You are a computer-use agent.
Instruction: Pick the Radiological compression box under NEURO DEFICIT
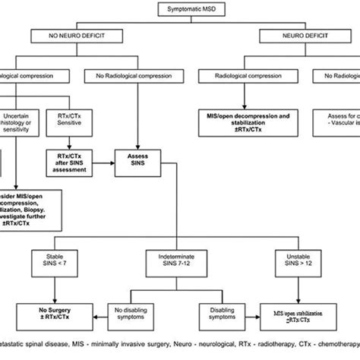coord(241,74)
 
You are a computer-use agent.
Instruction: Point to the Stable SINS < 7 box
coord(61,267)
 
